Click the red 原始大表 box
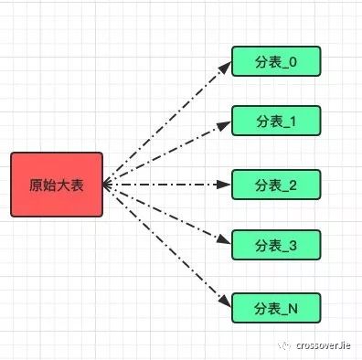point(58,185)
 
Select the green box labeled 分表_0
point(275,61)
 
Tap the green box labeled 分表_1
point(275,121)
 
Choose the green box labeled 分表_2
point(275,184)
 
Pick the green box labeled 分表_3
point(275,245)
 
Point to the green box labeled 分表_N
point(275,308)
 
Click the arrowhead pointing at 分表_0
point(225,66)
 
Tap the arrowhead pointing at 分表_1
point(225,123)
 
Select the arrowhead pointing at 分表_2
point(225,185)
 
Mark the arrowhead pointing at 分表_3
point(225,243)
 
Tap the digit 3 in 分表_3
point(293,245)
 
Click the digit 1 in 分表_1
point(293,121)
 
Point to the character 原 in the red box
point(36,185)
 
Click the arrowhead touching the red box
point(108,185)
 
